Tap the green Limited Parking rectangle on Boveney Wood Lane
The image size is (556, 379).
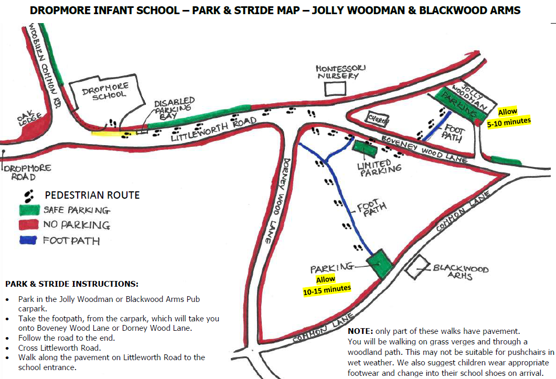365,149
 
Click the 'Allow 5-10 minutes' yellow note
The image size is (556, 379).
508,116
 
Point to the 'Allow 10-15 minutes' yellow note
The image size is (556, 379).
326,284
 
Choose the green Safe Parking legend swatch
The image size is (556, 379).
29,210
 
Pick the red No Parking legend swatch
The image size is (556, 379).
29,225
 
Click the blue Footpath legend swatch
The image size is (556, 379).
29,241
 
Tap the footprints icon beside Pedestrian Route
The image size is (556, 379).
29,195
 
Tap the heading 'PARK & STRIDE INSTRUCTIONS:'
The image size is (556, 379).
72,284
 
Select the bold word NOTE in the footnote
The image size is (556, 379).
359,331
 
